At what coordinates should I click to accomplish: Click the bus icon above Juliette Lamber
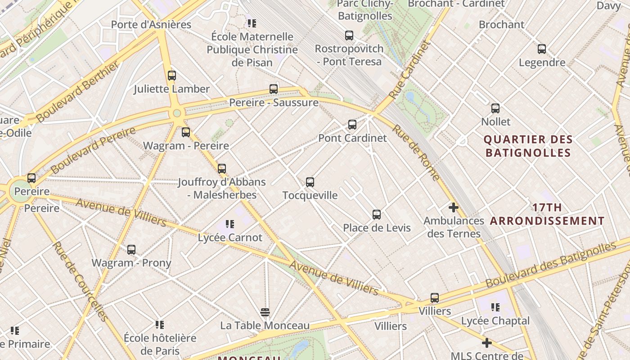(x=171, y=76)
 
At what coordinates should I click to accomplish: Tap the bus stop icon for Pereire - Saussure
(x=274, y=89)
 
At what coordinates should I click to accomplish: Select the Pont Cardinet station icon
(x=352, y=125)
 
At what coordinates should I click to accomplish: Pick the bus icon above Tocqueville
(x=310, y=182)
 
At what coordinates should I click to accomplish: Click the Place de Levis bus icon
(x=377, y=215)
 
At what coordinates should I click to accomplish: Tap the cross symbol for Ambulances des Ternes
(x=454, y=207)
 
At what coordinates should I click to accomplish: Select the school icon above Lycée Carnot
(x=230, y=224)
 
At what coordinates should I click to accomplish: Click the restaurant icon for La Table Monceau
(x=265, y=312)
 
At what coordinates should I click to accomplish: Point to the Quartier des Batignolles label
(x=528, y=146)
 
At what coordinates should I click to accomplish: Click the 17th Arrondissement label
(x=547, y=214)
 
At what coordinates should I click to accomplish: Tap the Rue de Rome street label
(x=416, y=153)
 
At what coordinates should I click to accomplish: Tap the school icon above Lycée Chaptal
(x=495, y=307)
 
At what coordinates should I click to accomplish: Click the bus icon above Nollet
(x=495, y=108)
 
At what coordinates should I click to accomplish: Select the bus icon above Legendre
(x=542, y=49)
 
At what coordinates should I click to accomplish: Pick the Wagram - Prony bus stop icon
(x=131, y=250)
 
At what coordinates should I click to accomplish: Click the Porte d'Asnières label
(x=151, y=25)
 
